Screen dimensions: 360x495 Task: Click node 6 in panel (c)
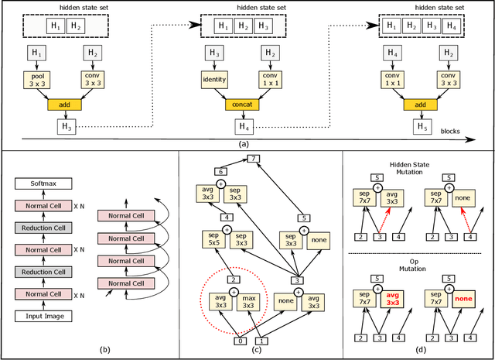pyautogui.click(x=220, y=171)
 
